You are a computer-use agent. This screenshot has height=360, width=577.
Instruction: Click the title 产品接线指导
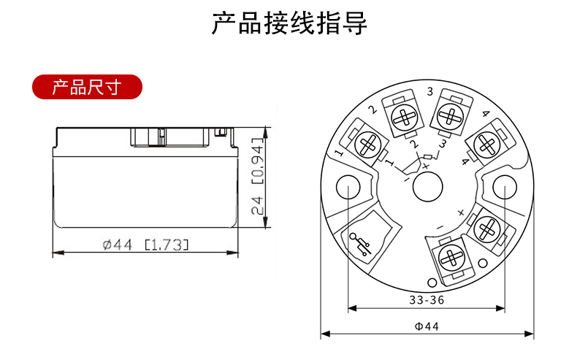(289, 23)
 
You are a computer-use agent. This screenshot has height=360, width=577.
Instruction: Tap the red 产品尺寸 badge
(86, 89)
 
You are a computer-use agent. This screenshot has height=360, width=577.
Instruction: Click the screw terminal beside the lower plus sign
(486, 229)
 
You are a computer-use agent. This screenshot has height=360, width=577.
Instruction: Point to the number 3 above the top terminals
(429, 92)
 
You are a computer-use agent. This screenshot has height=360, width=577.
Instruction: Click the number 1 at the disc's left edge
(338, 153)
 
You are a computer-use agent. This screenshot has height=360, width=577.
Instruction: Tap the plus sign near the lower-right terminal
(460, 212)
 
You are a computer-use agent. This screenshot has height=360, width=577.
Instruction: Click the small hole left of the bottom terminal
(431, 283)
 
